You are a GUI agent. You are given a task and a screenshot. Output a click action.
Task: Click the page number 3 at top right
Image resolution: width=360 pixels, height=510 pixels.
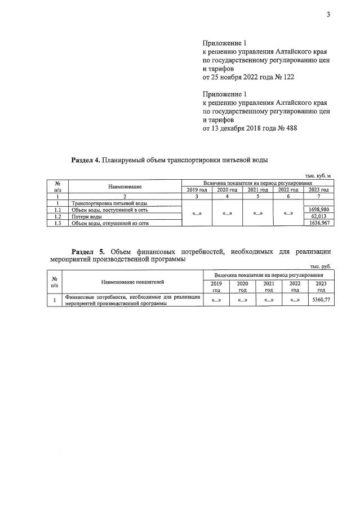tap(327, 15)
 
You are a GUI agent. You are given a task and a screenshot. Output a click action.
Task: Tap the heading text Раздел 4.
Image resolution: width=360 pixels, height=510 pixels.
tap(86, 160)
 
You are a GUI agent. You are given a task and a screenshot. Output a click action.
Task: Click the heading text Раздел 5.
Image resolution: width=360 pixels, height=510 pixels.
tap(88, 251)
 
